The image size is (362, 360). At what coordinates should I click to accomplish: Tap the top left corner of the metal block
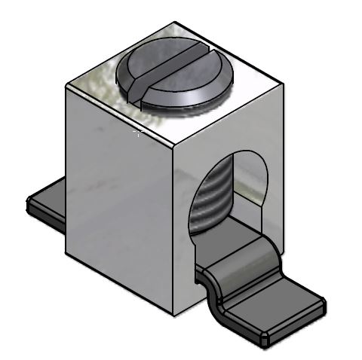(x=67, y=86)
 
